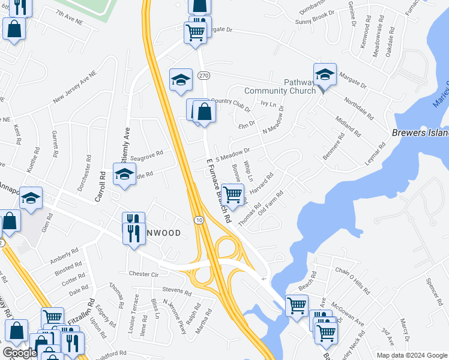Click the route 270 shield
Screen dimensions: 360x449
pyautogui.click(x=204, y=76)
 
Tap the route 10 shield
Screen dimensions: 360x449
pyautogui.click(x=198, y=221)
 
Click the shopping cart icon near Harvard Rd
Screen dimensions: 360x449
pyautogui.click(x=232, y=194)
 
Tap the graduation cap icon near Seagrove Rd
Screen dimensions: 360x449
pyautogui.click(x=124, y=174)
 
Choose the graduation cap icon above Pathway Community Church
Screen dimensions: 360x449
pyautogui.click(x=325, y=74)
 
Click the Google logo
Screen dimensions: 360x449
pyautogui.click(x=19, y=353)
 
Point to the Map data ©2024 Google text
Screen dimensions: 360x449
pyautogui.click(x=411, y=355)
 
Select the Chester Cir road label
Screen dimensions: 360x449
pyautogui.click(x=143, y=274)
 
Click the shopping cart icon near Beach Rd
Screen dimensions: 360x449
pyautogui.click(x=297, y=305)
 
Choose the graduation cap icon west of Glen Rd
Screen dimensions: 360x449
pyautogui.click(x=31, y=199)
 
